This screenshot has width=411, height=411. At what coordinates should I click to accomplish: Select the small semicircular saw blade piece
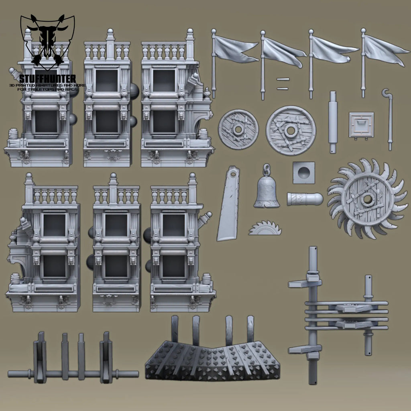click(265, 228)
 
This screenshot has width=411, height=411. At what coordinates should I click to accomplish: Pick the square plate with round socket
click(304, 173)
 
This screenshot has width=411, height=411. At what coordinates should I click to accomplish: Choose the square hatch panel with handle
click(361, 125)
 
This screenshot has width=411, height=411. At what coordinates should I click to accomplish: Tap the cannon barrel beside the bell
click(305, 199)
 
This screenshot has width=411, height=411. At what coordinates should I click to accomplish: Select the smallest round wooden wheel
click(238, 129)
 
